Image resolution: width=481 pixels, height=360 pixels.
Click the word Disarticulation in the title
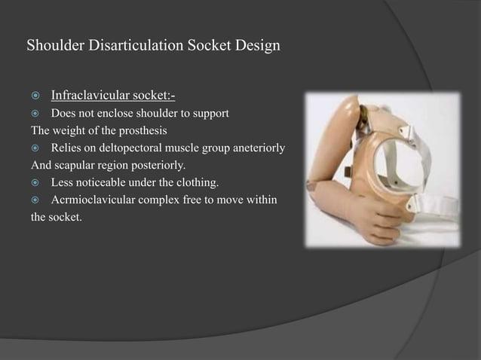pos(134,46)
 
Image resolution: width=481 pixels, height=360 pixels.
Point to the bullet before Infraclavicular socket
pos(35,96)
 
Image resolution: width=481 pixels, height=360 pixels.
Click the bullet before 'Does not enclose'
pos(35,114)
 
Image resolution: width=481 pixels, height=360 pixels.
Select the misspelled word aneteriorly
pos(258,148)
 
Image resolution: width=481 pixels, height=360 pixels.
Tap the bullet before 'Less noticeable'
pos(35,182)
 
